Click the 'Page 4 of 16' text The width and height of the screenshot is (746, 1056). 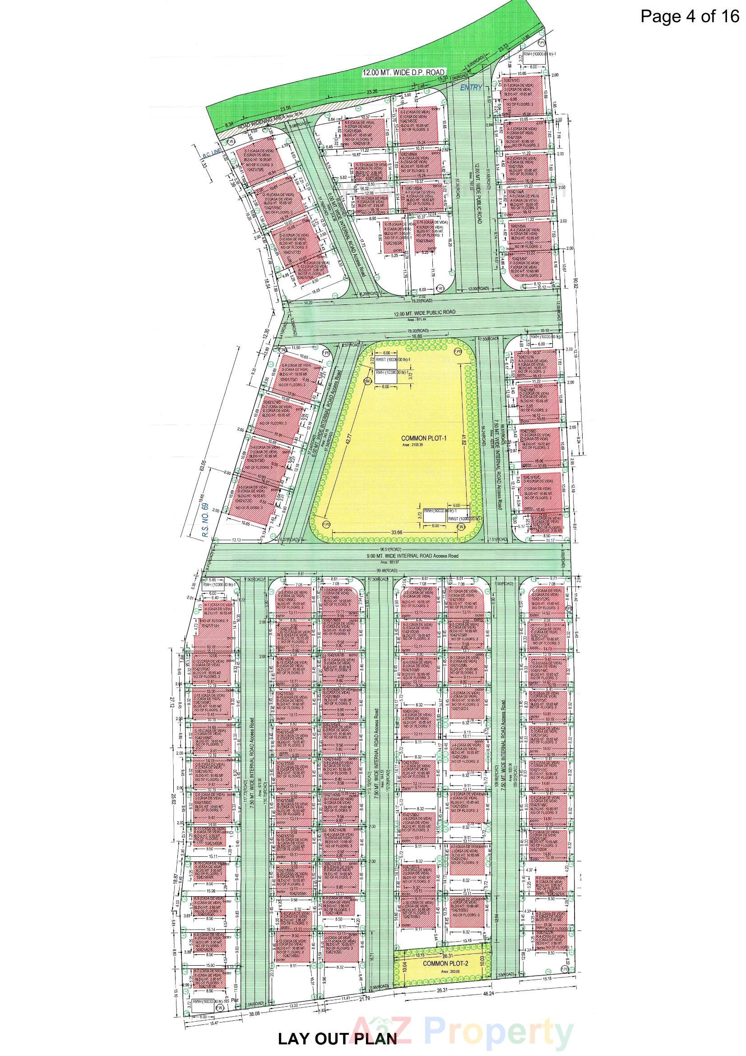click(689, 17)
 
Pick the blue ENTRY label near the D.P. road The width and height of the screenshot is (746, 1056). click(472, 87)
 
